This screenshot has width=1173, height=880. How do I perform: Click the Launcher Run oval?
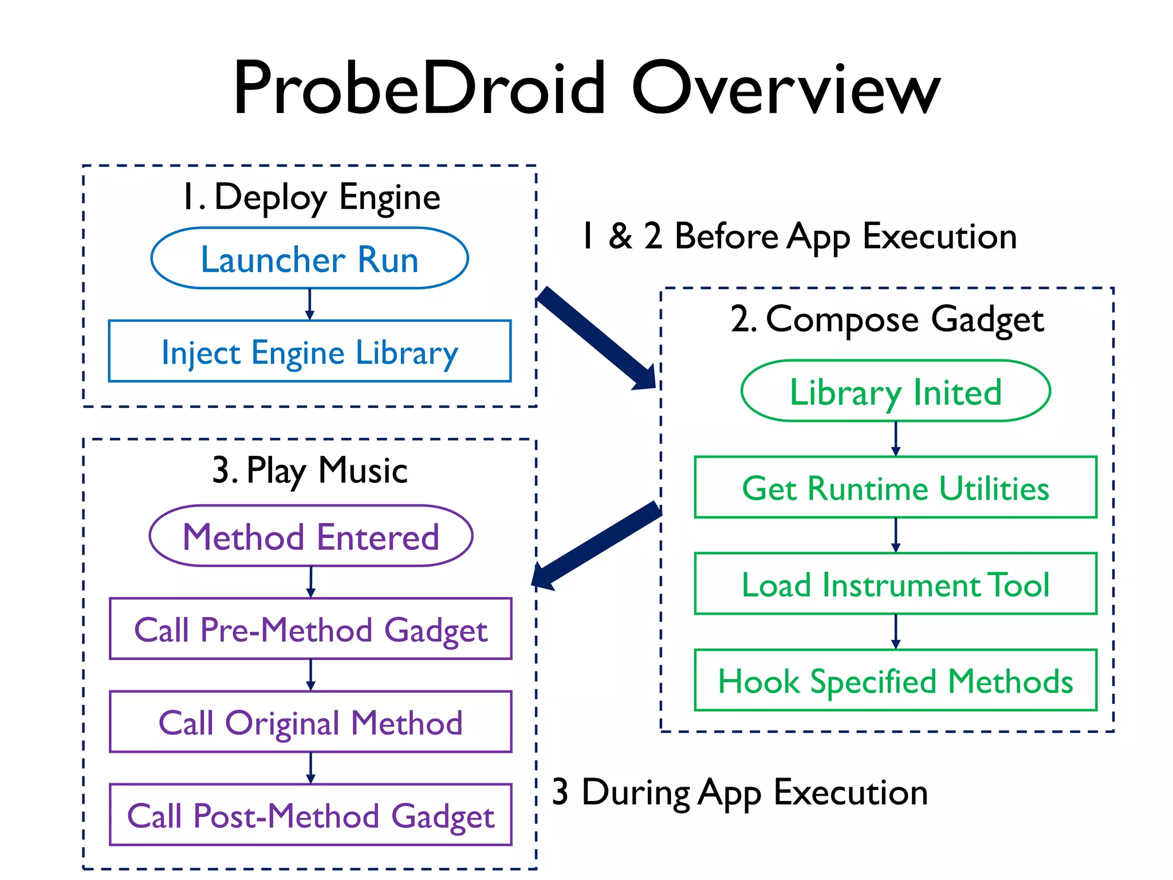click(x=309, y=258)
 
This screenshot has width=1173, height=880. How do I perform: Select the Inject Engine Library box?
click(x=309, y=351)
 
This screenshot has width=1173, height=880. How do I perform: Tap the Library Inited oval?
click(x=895, y=391)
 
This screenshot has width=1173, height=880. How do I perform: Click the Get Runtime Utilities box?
click(x=895, y=488)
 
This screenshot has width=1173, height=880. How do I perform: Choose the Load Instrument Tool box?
click(x=895, y=584)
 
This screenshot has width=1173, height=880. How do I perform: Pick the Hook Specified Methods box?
click(x=895, y=680)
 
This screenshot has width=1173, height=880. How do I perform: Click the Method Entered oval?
click(x=310, y=536)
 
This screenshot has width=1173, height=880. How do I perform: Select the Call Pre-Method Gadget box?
click(x=310, y=629)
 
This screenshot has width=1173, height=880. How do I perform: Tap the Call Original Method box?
click(x=310, y=722)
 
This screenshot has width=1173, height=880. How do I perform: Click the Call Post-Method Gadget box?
click(x=310, y=815)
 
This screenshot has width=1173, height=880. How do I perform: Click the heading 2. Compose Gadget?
click(x=887, y=320)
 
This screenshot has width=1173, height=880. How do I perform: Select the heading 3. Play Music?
click(x=309, y=471)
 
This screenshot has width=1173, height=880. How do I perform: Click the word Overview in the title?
click(x=786, y=89)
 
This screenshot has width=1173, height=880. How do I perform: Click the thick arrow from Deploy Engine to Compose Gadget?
click(x=596, y=338)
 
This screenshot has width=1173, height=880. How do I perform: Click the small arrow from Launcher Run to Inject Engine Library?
click(x=309, y=304)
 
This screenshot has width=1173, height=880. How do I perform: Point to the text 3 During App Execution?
click(x=739, y=793)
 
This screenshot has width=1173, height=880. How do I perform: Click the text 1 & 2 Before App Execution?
click(x=798, y=236)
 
